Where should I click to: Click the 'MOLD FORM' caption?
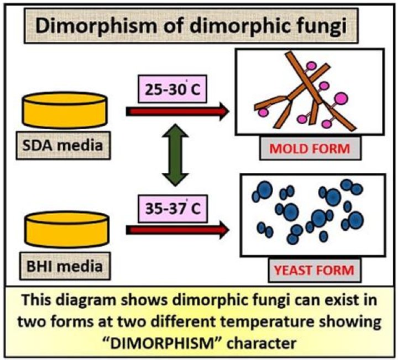[x=309, y=149]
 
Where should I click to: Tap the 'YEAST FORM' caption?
[x=312, y=271]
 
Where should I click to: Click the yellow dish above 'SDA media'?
[x=64, y=110]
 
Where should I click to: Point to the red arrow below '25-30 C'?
[x=177, y=112]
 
